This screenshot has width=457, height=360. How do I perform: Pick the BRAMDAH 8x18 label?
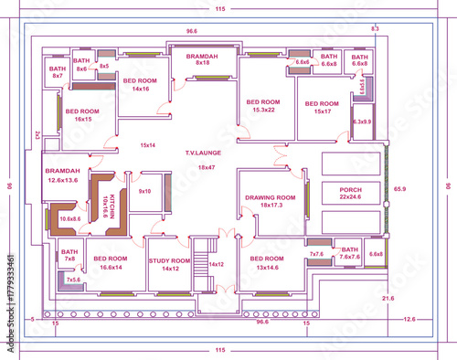202,59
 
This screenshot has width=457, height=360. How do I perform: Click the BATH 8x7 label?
58,71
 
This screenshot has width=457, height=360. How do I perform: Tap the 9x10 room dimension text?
144,191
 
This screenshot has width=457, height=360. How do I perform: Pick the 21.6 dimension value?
388,299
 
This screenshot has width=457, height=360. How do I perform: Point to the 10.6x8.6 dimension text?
70,219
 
